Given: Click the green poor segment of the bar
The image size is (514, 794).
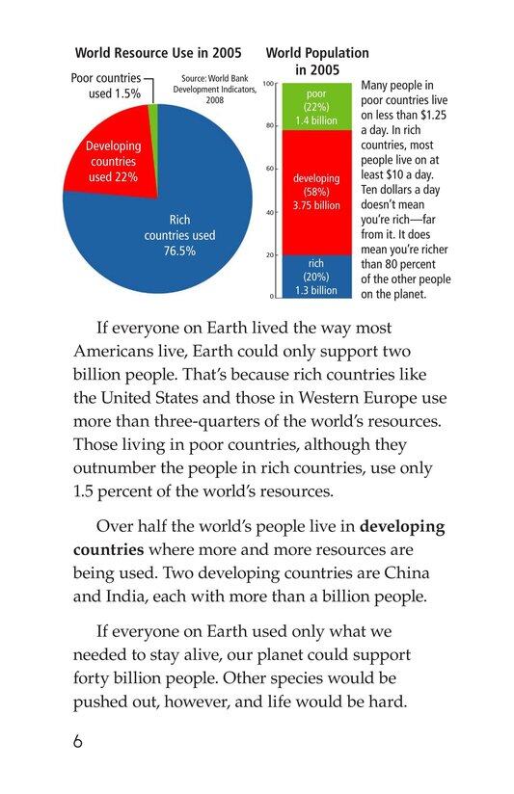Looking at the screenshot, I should pos(315,107).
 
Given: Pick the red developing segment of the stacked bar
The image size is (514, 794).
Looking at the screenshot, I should pos(315,193).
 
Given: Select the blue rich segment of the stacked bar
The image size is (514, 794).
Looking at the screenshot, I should pos(315,276).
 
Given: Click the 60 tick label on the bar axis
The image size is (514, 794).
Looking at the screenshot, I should pos(269,170).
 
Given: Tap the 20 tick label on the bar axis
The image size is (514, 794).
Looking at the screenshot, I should pos(269,254).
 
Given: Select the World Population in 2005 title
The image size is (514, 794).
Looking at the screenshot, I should pos(317,62).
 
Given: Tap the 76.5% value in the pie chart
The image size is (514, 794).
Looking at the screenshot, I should pos(179,251).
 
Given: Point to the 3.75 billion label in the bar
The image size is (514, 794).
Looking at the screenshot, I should pos(315,205).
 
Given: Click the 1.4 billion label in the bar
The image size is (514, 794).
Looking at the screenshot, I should pos(315,120).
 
